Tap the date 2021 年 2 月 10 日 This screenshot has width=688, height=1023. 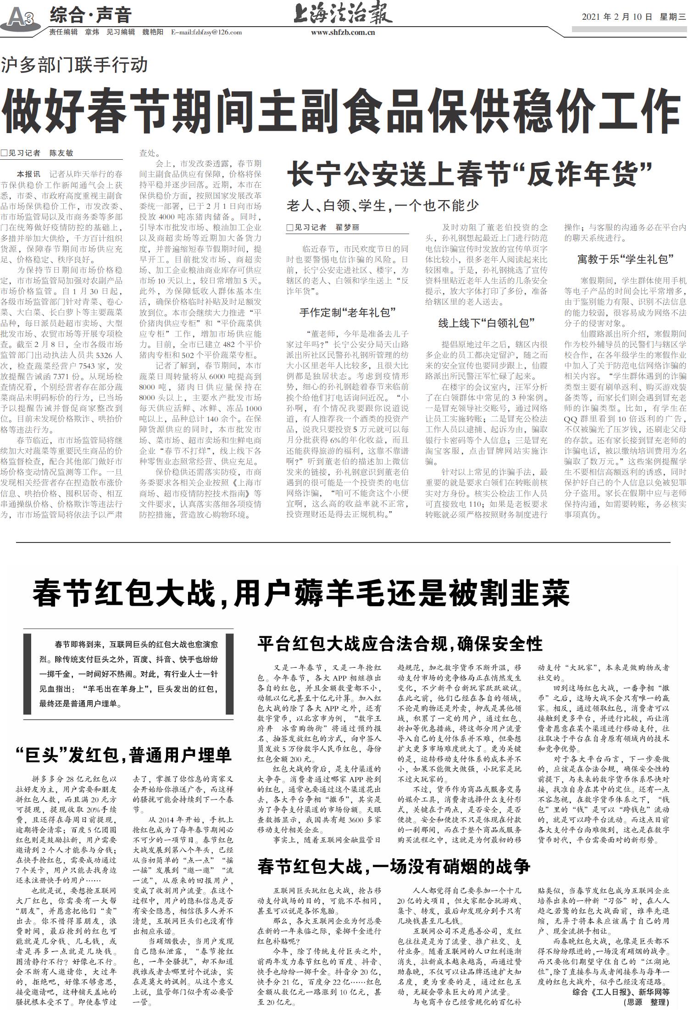click(617, 17)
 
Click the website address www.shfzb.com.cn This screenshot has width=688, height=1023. click(343, 33)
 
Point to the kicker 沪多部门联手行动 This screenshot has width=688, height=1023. click(74, 65)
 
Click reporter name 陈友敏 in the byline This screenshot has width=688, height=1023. click(61, 153)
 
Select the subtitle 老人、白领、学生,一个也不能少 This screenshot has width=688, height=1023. click(383, 205)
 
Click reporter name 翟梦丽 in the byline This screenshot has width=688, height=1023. click(347, 227)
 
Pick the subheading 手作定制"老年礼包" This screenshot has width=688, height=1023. click(348, 313)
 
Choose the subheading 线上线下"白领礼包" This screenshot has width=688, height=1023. click(487, 323)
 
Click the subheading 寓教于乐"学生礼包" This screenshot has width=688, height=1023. click(625, 259)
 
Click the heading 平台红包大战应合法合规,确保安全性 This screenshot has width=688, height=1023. click(400, 644)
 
